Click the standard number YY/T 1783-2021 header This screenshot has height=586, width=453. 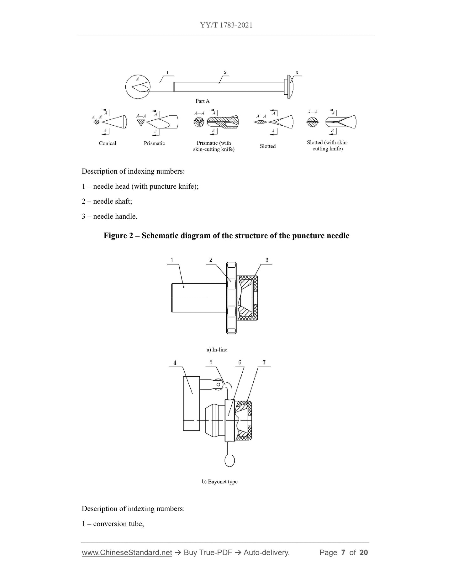[226, 25]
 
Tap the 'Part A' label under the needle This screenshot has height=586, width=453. [203, 101]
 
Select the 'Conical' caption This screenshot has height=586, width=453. [108, 143]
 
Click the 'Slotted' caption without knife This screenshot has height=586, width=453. [268, 146]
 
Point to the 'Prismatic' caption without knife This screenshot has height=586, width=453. [154, 143]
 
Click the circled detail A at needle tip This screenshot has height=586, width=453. [138, 87]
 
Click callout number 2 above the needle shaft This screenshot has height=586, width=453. [225, 72]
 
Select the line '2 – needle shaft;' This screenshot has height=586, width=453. [107, 201]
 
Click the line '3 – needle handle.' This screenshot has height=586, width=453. [109, 216]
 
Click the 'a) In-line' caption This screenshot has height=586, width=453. [217, 350]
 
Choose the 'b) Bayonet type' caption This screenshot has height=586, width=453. [219, 482]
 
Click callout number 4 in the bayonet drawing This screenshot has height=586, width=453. [175, 363]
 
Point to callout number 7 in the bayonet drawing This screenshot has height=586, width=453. [264, 362]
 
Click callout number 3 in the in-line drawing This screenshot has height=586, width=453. [267, 260]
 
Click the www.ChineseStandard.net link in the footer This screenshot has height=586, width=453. [127, 552]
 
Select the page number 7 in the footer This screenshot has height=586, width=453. [343, 552]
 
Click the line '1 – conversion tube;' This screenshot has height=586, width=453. [113, 524]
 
